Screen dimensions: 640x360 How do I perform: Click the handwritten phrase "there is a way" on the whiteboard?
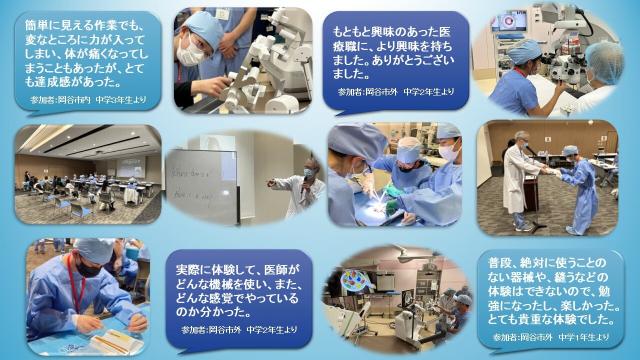192,196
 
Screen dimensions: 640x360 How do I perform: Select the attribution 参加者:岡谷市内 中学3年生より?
88,99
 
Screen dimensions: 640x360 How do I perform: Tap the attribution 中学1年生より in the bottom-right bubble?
583,337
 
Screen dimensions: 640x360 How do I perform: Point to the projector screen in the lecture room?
130,166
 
